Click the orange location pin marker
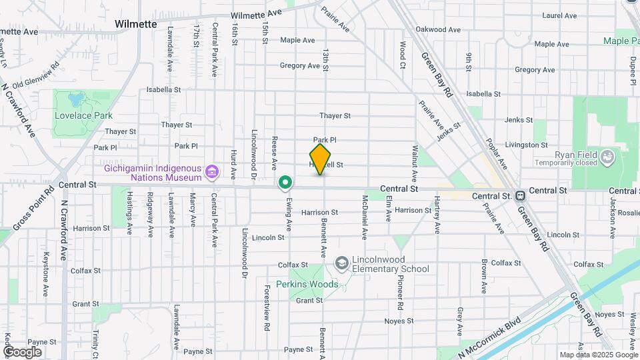click(321, 159)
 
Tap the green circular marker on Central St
click(285, 182)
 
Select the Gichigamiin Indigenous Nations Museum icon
click(212, 173)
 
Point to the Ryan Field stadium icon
click(607, 157)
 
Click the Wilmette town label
click(135, 24)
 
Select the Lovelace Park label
click(84, 115)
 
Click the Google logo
click(22, 351)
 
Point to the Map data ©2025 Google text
click(598, 355)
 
